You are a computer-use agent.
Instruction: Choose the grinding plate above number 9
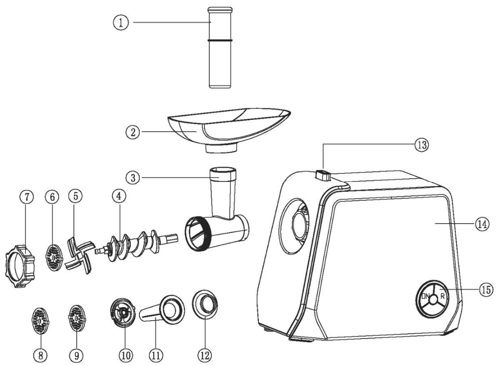pos(75,319)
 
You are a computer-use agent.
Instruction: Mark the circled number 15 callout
pos(485,289)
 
